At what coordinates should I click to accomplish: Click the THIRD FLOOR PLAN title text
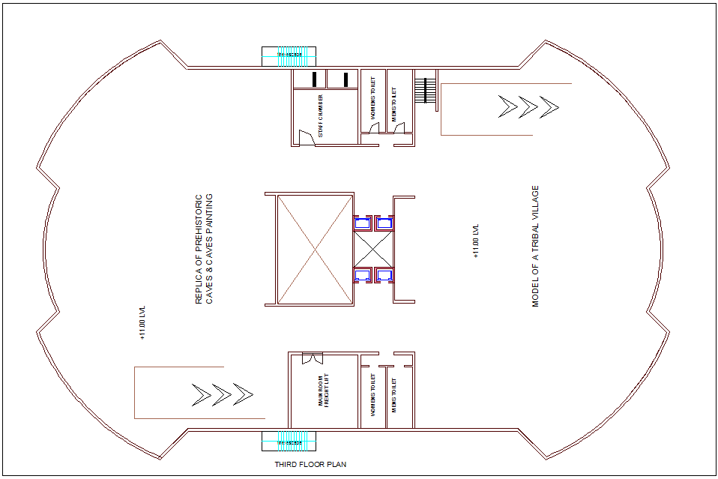coord(310,465)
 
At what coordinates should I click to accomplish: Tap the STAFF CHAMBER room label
coord(320,115)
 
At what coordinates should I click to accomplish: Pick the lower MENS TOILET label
coord(394,396)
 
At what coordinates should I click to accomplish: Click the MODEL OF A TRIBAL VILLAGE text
coord(535,247)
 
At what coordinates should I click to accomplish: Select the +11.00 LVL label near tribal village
coord(475,241)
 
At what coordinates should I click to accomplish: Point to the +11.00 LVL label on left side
coord(142,322)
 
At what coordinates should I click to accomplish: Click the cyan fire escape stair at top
coord(289,55)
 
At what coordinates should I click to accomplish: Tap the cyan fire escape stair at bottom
coord(289,442)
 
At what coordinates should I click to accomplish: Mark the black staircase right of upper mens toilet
coord(426,90)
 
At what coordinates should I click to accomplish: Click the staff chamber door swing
coord(306,137)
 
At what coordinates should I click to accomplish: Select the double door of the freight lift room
coord(311,358)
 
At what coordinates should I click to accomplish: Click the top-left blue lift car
coord(363,222)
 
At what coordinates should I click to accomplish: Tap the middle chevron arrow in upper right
coord(528,107)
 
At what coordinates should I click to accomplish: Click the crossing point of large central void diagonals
coord(314,250)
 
